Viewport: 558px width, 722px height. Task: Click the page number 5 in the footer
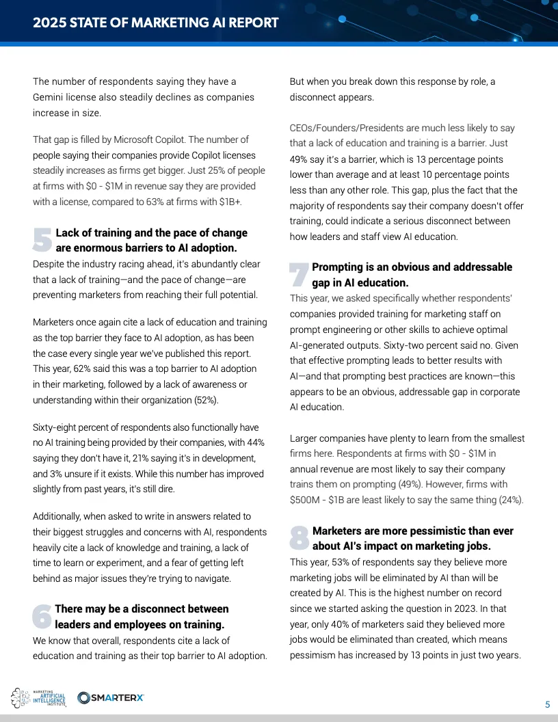(547, 704)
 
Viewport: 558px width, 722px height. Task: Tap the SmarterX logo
(111, 697)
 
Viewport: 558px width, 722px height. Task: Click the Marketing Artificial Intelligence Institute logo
(39, 698)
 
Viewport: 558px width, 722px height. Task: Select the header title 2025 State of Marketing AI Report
(156, 23)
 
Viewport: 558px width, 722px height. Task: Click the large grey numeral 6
(42, 616)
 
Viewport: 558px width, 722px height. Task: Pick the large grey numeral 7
(299, 274)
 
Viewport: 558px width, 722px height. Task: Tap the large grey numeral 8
(300, 537)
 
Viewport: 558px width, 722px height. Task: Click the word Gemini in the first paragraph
(50, 97)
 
